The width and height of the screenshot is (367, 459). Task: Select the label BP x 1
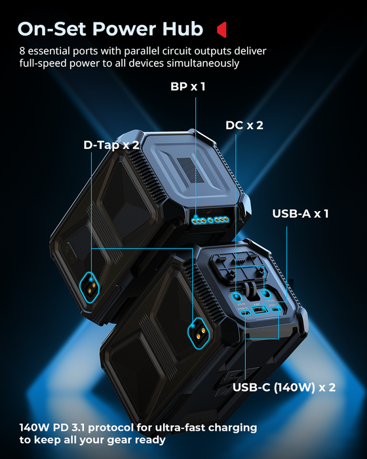pos(183,86)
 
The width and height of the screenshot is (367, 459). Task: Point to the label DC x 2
pos(244,125)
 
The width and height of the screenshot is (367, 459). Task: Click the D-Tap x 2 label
pos(111,145)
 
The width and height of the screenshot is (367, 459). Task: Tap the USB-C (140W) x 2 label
pos(284,388)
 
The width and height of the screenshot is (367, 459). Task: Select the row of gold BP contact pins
pos(209,219)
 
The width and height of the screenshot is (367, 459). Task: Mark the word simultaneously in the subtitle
pos(203,63)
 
